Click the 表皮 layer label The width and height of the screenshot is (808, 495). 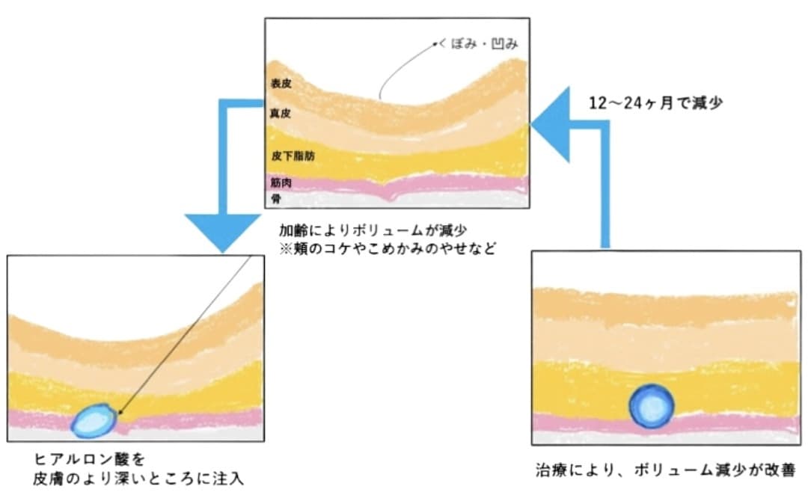click(281, 84)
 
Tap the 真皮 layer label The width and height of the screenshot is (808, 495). click(281, 114)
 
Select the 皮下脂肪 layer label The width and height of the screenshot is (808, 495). click(293, 156)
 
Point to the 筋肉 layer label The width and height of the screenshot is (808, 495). click(281, 183)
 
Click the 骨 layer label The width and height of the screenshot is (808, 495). click(276, 199)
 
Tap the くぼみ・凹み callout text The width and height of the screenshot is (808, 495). click(478, 44)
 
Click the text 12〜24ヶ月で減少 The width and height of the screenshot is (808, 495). click(655, 103)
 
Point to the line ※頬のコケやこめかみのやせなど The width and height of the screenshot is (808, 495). click(388, 249)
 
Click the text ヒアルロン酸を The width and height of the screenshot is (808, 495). click(90, 458)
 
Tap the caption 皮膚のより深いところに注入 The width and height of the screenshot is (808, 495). click(138, 479)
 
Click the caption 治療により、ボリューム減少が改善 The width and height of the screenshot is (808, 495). click(665, 470)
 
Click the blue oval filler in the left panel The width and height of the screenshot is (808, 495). click(94, 421)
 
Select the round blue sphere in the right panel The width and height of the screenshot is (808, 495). click(652, 406)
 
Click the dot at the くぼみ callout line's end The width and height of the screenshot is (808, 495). click(435, 44)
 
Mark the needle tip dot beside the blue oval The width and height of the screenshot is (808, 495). click(120, 412)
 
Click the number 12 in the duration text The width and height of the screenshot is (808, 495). click(598, 103)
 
